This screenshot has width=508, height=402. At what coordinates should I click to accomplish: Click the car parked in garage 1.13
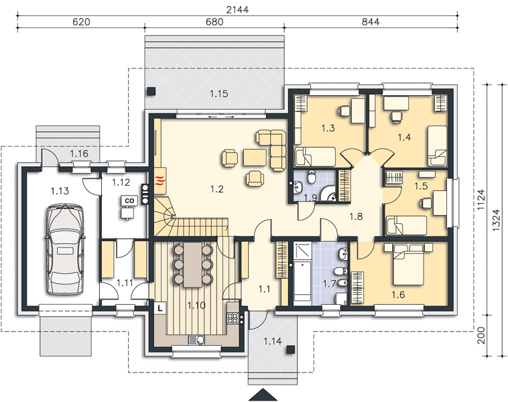(x=65, y=249)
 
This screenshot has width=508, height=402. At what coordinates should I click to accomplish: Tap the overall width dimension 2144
(x=237, y=9)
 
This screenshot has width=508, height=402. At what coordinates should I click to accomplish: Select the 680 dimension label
(x=214, y=21)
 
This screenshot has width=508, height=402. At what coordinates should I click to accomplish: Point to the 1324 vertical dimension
(x=497, y=220)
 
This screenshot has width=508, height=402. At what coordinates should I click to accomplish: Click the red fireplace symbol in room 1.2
(x=160, y=180)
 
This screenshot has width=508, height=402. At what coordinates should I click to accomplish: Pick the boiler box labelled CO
(x=129, y=200)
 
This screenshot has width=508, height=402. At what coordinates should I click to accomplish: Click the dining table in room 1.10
(x=192, y=265)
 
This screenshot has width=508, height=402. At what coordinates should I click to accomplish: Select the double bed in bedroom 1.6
(x=408, y=264)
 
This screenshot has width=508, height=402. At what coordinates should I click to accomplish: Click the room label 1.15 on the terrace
(x=218, y=94)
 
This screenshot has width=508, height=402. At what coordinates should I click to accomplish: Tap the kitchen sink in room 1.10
(x=196, y=340)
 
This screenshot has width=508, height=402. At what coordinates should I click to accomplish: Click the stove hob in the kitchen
(x=233, y=318)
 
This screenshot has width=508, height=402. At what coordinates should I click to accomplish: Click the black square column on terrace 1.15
(x=151, y=91)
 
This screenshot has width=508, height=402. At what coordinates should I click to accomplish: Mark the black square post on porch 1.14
(x=291, y=350)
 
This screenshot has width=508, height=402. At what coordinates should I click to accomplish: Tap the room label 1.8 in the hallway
(x=356, y=216)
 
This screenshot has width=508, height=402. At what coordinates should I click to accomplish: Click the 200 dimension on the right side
(x=482, y=335)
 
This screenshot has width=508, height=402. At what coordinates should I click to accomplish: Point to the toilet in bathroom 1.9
(x=312, y=177)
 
